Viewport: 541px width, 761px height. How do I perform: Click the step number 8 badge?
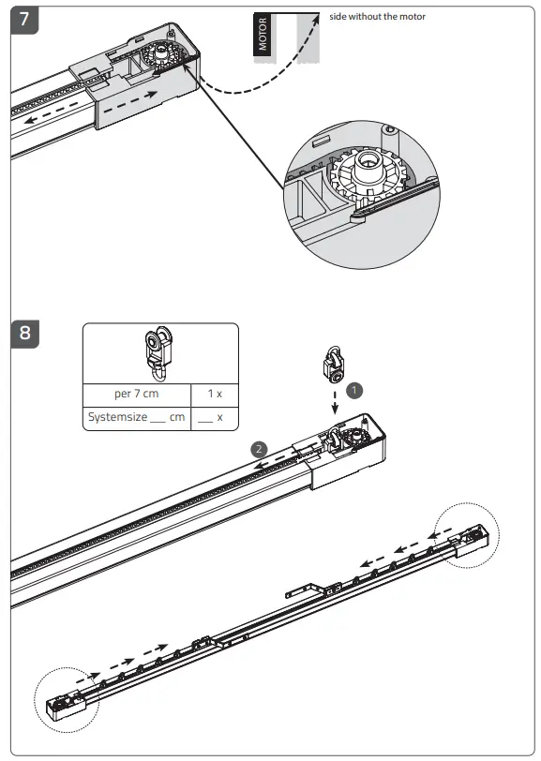tap(25, 334)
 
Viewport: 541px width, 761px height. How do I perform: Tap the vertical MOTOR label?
tap(263, 34)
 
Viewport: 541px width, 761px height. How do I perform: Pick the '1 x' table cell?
tap(215, 394)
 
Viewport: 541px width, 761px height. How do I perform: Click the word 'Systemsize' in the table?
tap(117, 416)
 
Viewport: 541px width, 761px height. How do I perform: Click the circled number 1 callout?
tap(353, 385)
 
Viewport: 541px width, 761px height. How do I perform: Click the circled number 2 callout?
tap(259, 449)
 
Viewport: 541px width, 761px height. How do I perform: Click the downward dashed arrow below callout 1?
tap(335, 403)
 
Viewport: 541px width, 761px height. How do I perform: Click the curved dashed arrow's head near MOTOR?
tap(314, 20)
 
